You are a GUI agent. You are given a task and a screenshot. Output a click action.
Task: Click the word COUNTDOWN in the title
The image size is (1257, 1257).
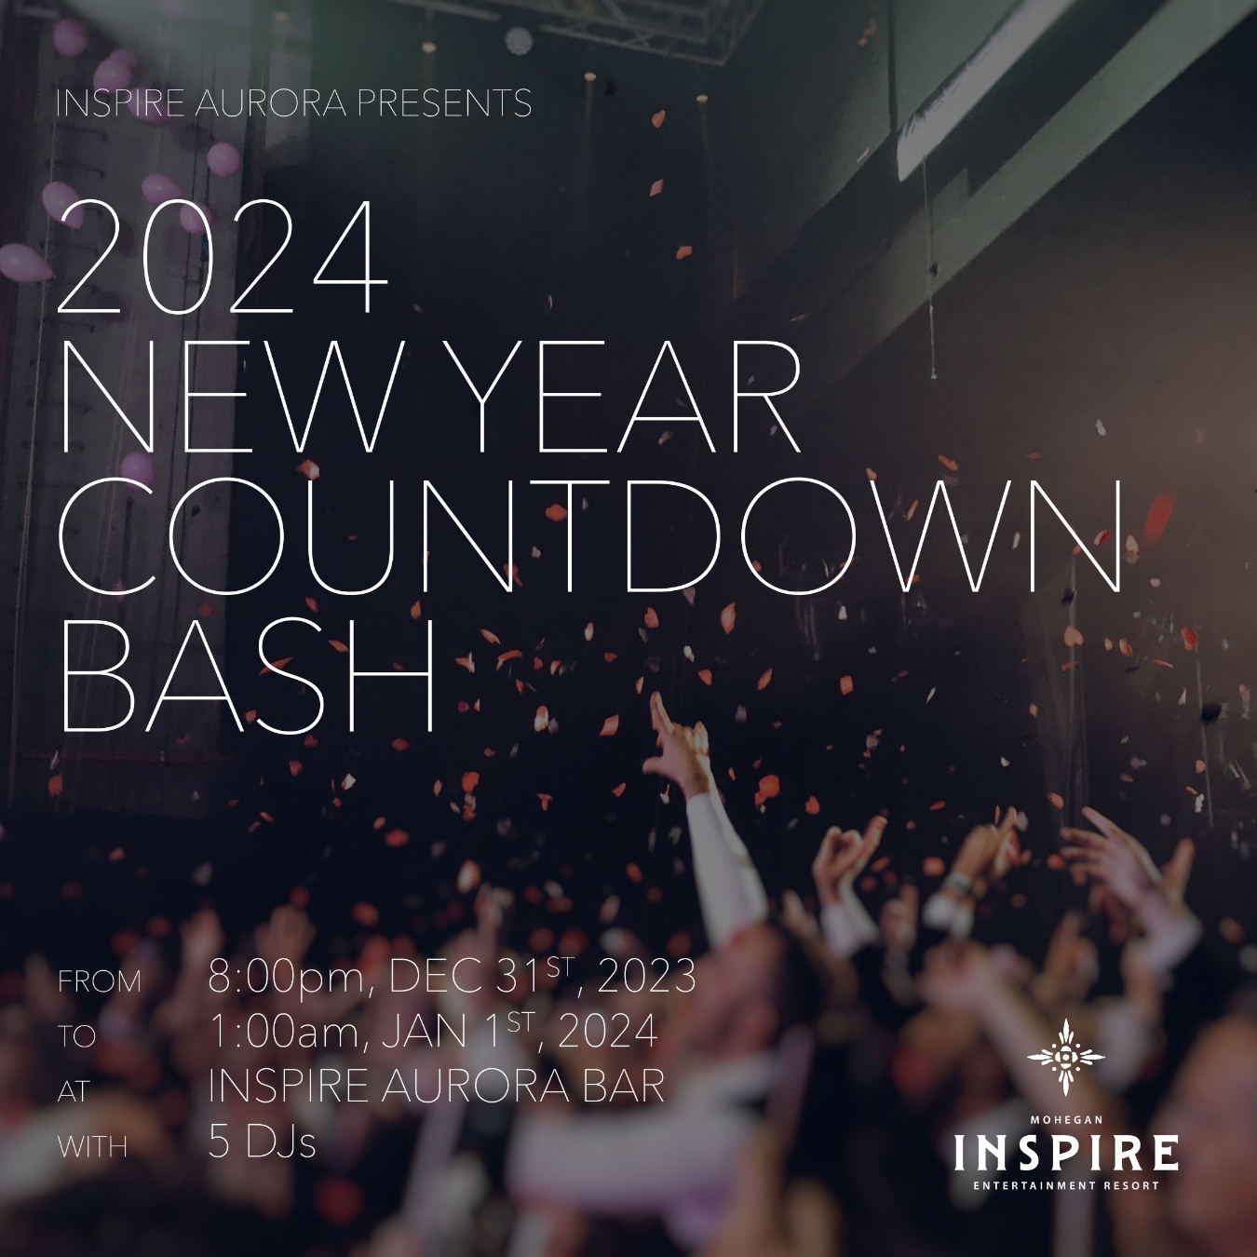(x=591, y=536)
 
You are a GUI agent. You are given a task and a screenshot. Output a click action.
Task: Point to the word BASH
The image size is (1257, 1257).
(x=247, y=676)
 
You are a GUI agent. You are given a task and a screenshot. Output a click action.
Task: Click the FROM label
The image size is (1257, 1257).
(x=100, y=982)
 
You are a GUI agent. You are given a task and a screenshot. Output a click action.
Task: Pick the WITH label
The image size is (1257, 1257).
(x=92, y=1148)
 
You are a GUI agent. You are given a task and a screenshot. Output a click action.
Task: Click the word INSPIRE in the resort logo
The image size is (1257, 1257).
(x=1066, y=1154)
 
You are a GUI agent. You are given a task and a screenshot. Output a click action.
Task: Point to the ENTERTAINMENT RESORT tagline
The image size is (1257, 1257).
(x=1066, y=1185)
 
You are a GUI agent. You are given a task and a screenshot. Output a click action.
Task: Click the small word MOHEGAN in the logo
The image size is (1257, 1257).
(x=1066, y=1120)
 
